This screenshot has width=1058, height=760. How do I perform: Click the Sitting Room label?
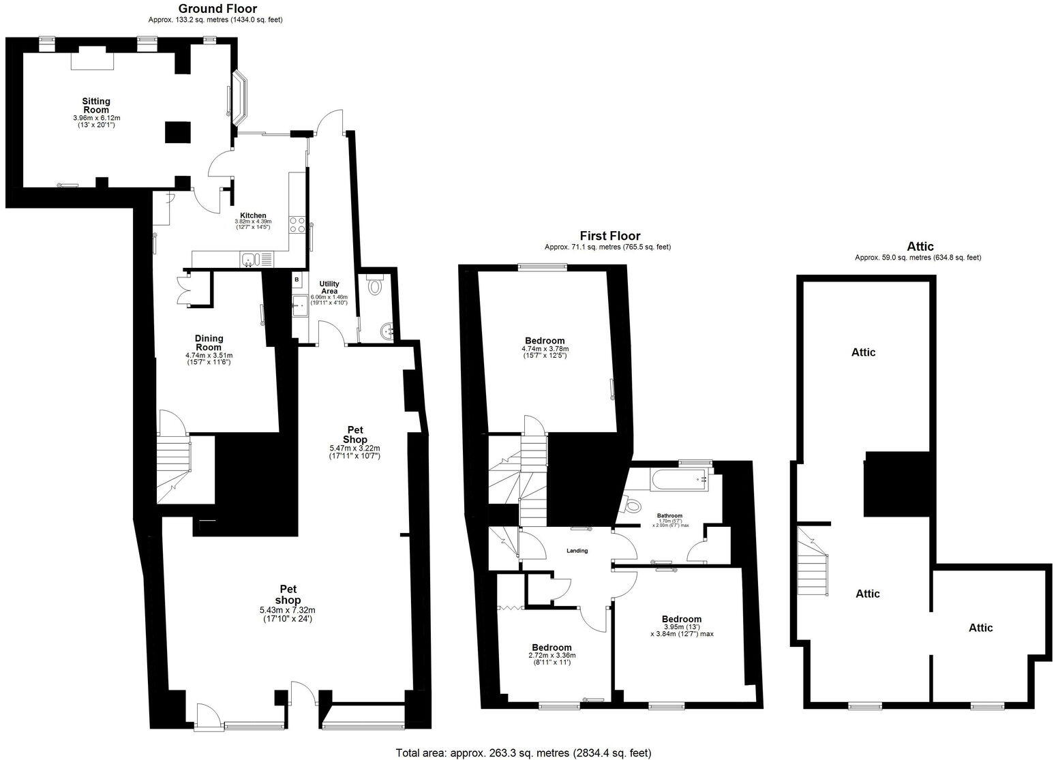[96, 106]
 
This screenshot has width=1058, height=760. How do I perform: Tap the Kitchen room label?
[253, 215]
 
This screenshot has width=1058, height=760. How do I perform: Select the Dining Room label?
[209, 343]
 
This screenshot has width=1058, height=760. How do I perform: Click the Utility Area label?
[329, 288]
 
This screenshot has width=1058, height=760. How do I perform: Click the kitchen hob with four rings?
[297, 225]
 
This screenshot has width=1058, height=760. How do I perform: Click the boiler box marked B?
[297, 279]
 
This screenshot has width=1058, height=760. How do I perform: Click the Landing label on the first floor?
[577, 551]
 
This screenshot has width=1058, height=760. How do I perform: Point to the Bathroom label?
[669, 516]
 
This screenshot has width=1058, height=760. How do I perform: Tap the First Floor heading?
[609, 237]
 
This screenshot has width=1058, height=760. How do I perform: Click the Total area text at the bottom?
[524, 753]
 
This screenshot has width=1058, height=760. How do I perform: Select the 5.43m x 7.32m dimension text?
[287, 610]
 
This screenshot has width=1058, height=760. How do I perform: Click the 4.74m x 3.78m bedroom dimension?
[545, 348]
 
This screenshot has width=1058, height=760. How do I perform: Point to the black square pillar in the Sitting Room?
[178, 131]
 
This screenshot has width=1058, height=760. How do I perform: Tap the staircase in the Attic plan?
[815, 562]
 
